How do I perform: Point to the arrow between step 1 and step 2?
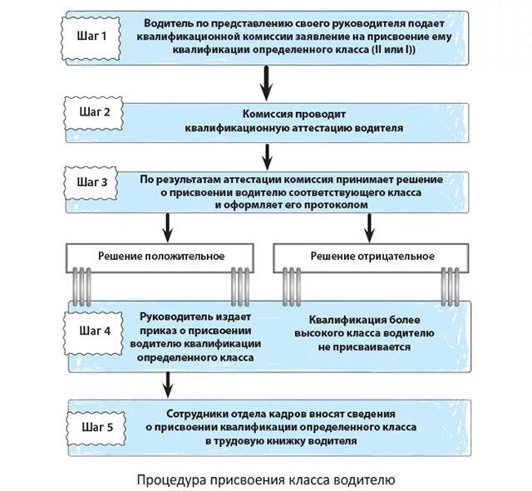coord(267,81)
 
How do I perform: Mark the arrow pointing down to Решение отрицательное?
coord(369,224)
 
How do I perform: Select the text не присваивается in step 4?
coord(370,346)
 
